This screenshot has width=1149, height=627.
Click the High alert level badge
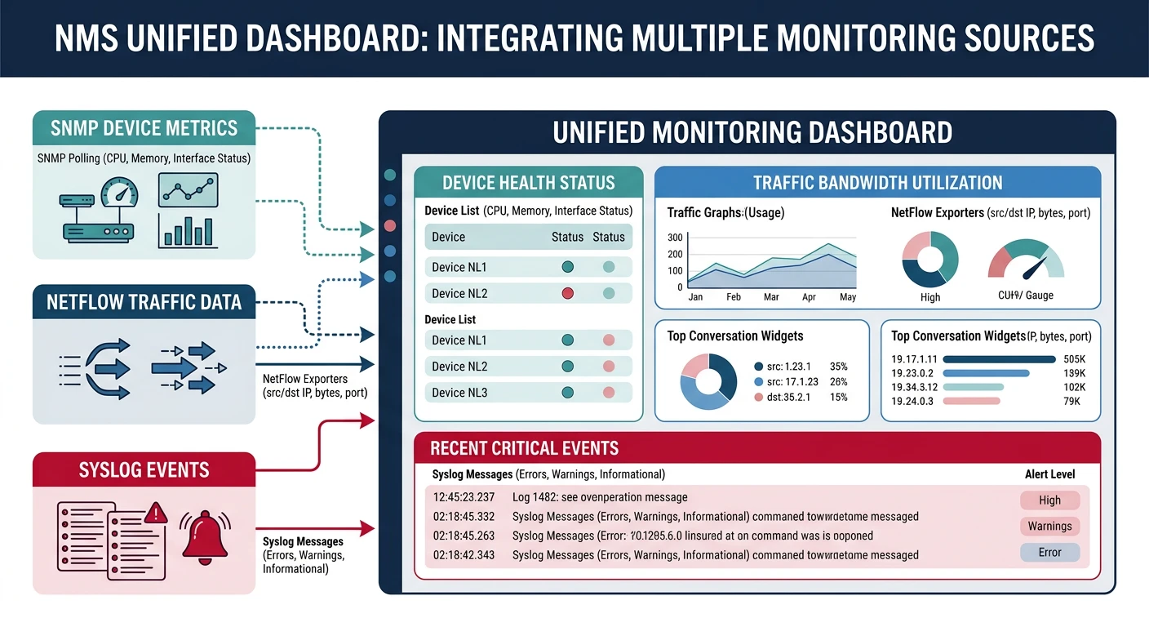(x=1049, y=500)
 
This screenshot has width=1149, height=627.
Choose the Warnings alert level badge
(x=1049, y=527)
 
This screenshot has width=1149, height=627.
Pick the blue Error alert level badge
(x=1049, y=553)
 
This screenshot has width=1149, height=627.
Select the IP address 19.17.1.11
(x=914, y=358)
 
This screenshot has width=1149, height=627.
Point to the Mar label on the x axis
(x=771, y=297)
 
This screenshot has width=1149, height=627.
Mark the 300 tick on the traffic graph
(x=674, y=238)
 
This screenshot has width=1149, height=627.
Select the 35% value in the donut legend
(x=838, y=367)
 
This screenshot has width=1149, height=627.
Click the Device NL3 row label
(x=459, y=393)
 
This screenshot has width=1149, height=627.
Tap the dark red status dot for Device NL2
(x=568, y=293)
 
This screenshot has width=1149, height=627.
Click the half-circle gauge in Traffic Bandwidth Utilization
(x=1026, y=261)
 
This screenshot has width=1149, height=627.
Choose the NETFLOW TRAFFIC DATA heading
(x=144, y=302)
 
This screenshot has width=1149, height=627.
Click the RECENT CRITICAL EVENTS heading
(x=524, y=448)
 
